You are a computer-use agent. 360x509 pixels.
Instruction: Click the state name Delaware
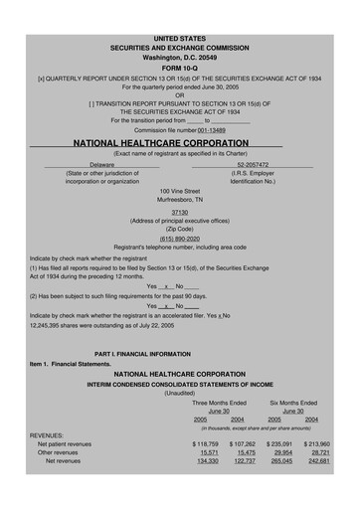(103, 164)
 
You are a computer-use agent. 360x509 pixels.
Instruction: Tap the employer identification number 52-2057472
(253, 164)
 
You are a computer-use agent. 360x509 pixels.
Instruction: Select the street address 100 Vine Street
(180, 190)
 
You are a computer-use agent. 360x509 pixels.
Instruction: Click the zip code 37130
(180, 212)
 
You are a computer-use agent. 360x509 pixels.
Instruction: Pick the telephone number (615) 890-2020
(180, 238)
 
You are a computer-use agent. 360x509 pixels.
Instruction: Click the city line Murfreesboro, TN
(180, 199)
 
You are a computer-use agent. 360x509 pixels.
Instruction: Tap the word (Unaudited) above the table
(180, 393)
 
